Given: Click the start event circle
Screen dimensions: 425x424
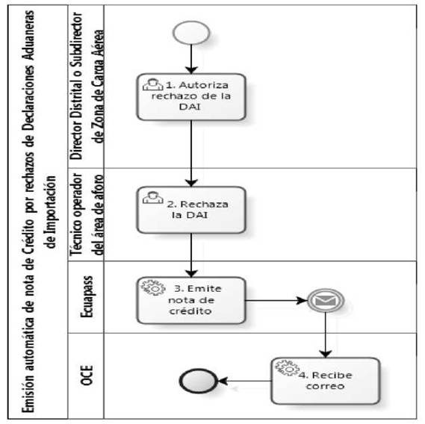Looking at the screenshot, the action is pos(191,33).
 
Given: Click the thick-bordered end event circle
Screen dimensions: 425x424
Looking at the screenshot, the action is pos(198,381).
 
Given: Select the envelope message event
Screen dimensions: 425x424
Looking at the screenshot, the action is pos(326,300).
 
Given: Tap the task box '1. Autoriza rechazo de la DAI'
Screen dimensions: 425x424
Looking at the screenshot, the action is pos(191,97).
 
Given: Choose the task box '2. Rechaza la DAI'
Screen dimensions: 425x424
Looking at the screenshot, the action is pos(191,210).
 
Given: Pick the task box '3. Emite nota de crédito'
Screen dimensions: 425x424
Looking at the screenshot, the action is pos(191,300).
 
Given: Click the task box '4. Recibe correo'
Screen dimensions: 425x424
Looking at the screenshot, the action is pos(325,381).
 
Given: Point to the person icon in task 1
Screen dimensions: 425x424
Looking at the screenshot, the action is pos(153,84).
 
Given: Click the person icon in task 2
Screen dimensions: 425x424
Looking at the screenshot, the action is pos(153,197).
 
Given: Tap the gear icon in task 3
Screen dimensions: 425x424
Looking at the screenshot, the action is pos(153,288).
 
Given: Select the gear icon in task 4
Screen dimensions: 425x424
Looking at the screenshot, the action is pos(288,369).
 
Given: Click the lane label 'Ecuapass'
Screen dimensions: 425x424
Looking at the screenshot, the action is pos(87,297).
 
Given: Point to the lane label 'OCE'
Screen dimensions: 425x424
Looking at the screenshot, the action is pos(87,375).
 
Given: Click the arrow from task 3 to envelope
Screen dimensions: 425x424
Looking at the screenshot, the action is pos(276,300).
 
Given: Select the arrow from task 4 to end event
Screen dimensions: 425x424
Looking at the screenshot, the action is pos(244,381).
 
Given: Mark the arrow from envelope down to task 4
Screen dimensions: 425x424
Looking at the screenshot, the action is pos(325,335).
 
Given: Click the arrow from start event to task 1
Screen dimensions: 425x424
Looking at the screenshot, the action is pos(191,59).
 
